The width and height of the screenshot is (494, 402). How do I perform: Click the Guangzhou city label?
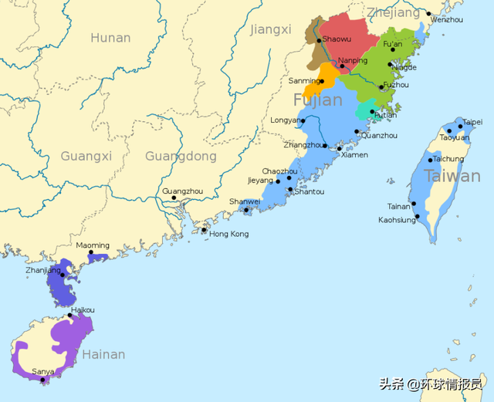click(x=182, y=191)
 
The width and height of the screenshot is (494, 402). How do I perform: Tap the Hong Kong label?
click(x=229, y=234)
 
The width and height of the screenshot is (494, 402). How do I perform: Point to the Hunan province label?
click(x=110, y=38)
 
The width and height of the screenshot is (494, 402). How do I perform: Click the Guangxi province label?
click(x=86, y=157)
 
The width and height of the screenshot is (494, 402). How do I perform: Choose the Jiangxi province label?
click(x=271, y=30)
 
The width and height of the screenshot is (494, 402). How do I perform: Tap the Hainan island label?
click(x=103, y=355)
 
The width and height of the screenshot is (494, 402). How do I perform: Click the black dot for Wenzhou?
click(x=429, y=13)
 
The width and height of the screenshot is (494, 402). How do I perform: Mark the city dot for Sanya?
click(x=43, y=379)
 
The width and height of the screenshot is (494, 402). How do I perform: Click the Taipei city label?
click(x=472, y=122)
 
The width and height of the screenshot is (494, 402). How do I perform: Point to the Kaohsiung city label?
click(x=397, y=220)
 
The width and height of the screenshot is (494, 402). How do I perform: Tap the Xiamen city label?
click(x=354, y=154)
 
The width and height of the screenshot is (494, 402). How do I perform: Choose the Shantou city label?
click(x=310, y=191)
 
